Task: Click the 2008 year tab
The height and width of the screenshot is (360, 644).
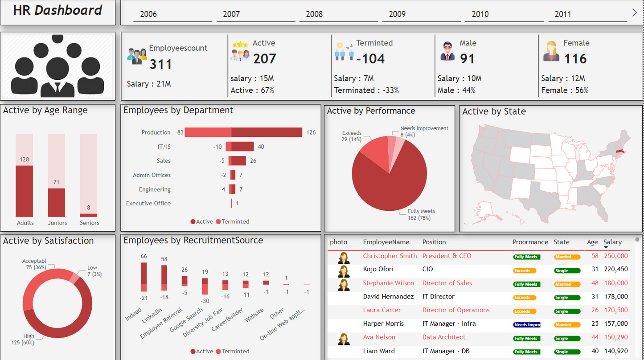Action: [314, 14]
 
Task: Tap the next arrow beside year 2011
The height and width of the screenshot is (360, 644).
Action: [634, 13]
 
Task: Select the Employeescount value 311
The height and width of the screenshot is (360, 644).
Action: [160, 64]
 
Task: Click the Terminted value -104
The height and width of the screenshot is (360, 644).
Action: [370, 59]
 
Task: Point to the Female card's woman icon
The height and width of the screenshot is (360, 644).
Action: [551, 51]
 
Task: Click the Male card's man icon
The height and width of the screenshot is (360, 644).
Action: [447, 51]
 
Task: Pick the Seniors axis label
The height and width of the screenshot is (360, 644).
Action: [90, 223]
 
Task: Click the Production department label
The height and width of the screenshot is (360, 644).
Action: [156, 132]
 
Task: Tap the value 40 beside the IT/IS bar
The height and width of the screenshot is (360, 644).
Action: [261, 147]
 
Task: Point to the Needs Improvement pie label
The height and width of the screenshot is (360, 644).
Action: [424, 128]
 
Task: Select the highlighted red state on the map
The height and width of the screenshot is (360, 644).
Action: [619, 151]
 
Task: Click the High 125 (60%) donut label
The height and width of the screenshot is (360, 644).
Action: [29, 339]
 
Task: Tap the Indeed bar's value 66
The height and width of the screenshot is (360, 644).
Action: [144, 256]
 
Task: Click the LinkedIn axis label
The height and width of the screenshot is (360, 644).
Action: [152, 315]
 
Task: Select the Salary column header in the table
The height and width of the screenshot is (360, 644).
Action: [612, 242]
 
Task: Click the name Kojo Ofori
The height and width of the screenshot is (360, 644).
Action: [378, 269]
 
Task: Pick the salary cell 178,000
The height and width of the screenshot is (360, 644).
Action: [615, 297]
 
